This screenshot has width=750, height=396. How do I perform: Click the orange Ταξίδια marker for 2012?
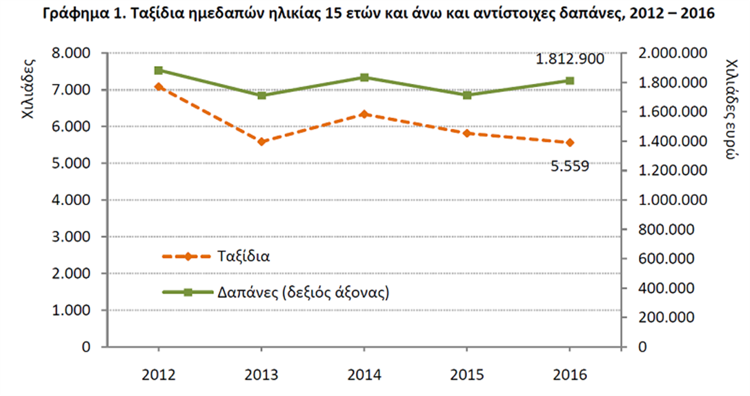158,87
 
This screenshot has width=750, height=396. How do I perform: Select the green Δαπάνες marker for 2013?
261,95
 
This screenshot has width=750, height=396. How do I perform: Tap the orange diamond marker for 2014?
364,114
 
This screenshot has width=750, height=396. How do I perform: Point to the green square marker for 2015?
467,95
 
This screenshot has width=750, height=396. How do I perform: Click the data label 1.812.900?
570,59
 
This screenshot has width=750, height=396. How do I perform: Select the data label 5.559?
569,164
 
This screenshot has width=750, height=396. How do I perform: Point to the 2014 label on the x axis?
364,374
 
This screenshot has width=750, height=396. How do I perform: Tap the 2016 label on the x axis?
570,374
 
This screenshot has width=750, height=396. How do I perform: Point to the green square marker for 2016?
570,80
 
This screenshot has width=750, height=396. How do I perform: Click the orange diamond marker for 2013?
261,142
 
